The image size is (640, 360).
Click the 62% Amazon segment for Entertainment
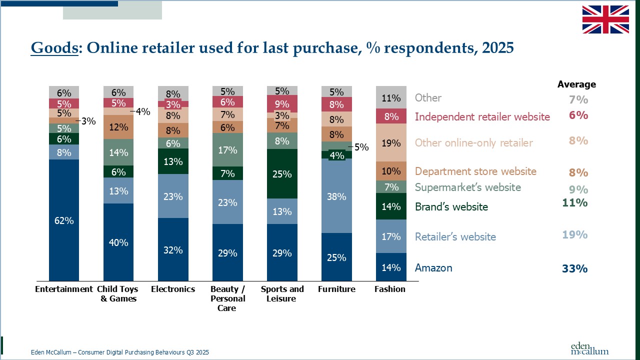pos(64,220)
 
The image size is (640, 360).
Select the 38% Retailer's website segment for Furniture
pos(336,196)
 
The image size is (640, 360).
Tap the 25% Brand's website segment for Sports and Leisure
pos(282,174)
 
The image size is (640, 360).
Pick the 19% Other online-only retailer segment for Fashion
pos(390,143)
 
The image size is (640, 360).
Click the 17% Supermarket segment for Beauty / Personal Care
pos(227,149)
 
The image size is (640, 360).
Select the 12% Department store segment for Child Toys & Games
pos(118,127)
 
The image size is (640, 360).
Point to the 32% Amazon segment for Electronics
pos(173,249)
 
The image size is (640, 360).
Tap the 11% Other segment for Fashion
pos(390,97)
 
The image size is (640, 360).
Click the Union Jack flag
pos(605,19)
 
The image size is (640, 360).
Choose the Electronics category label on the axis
pos(173,289)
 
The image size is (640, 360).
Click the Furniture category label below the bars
pos(336,289)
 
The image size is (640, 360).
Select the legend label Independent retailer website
pos(482,117)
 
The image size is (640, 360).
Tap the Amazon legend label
pos(433,268)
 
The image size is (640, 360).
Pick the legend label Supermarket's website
pos(467,187)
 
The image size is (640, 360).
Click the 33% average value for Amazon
pos(574,268)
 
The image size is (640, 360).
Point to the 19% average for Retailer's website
pos(574,234)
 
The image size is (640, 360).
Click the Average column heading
pos(576,84)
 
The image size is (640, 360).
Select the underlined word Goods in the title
pos(54,48)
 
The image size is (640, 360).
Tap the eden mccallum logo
pos(589,348)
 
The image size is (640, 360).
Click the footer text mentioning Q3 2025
pos(119,352)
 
